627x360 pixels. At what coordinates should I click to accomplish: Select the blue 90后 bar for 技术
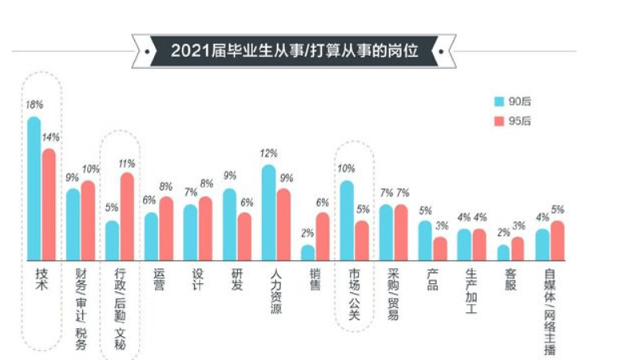click(x=34, y=188)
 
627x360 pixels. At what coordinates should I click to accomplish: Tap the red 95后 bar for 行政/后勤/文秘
click(x=127, y=216)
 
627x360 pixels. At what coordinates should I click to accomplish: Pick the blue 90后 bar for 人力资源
click(x=268, y=212)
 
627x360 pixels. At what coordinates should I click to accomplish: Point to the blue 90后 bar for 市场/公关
click(x=347, y=220)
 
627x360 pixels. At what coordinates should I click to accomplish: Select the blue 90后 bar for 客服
click(x=503, y=251)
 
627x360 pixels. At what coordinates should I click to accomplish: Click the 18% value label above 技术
click(x=34, y=105)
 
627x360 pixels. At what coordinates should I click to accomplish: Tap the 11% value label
click(x=127, y=163)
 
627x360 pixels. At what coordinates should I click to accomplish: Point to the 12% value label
click(x=268, y=152)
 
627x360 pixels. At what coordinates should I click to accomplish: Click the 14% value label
click(x=50, y=136)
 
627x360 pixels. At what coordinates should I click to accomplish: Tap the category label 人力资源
click(x=276, y=291)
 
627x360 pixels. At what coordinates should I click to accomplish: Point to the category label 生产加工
click(x=470, y=291)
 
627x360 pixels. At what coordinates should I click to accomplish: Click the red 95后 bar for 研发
click(x=244, y=235)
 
